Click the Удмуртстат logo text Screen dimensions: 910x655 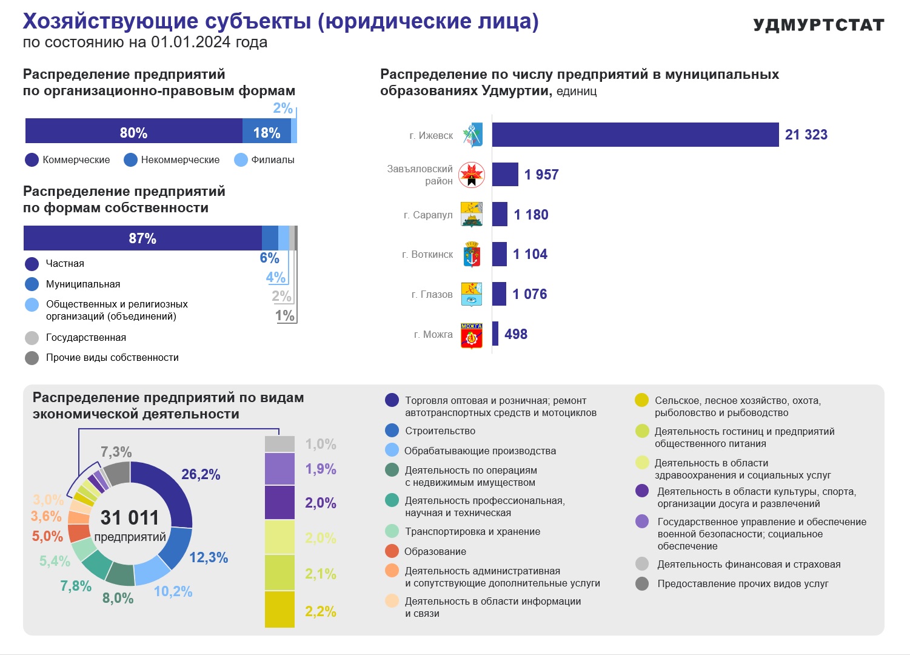pyautogui.click(x=818, y=25)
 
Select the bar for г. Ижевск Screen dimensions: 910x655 pyautogui.click(x=635, y=135)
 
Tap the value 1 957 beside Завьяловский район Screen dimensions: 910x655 pyautogui.click(x=541, y=175)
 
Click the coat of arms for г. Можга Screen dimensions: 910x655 pyautogui.click(x=471, y=335)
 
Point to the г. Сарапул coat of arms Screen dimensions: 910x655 pyautogui.click(x=471, y=214)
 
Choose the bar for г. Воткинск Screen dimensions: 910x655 pyautogui.click(x=500, y=254)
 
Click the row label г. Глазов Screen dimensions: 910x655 pyautogui.click(x=432, y=294)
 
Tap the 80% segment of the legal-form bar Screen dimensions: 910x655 pyautogui.click(x=134, y=131)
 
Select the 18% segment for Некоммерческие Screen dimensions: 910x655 pyautogui.click(x=267, y=131)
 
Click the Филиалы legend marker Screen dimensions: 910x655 pyautogui.click(x=241, y=160)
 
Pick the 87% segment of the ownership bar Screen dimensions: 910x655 pyautogui.click(x=142, y=238)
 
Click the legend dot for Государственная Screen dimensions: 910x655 pyautogui.click(x=32, y=338)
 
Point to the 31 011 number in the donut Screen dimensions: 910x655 pyautogui.click(x=130, y=518)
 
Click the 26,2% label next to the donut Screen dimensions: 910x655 pyautogui.click(x=201, y=474)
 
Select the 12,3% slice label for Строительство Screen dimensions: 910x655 pyautogui.click(x=209, y=557)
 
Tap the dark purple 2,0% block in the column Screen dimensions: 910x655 pyautogui.click(x=279, y=503)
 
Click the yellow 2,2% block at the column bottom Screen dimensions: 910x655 pyautogui.click(x=279, y=610)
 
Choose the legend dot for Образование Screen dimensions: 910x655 pyautogui.click(x=392, y=551)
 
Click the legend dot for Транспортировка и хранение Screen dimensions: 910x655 pyautogui.click(x=392, y=531)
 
